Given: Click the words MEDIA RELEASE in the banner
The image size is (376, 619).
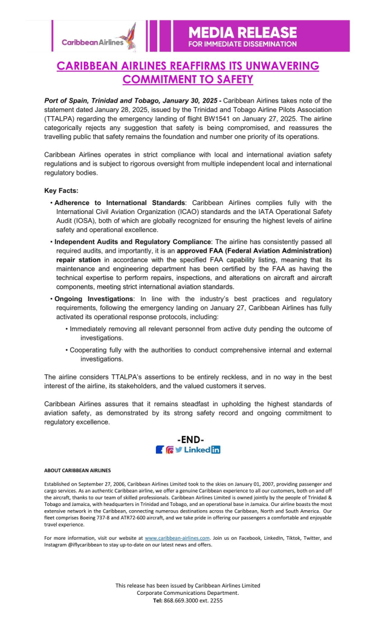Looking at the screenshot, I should (242, 32).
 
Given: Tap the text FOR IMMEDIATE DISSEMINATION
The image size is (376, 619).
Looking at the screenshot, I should (242, 44).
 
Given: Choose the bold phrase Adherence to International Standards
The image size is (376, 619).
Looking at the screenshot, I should (120, 203).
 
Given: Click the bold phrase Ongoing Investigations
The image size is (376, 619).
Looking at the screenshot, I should (94, 299).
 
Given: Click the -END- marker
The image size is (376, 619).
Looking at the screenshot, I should (190, 439).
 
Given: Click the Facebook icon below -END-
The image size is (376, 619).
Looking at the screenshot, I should (160, 450).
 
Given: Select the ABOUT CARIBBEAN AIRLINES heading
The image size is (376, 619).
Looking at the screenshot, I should (77, 470).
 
